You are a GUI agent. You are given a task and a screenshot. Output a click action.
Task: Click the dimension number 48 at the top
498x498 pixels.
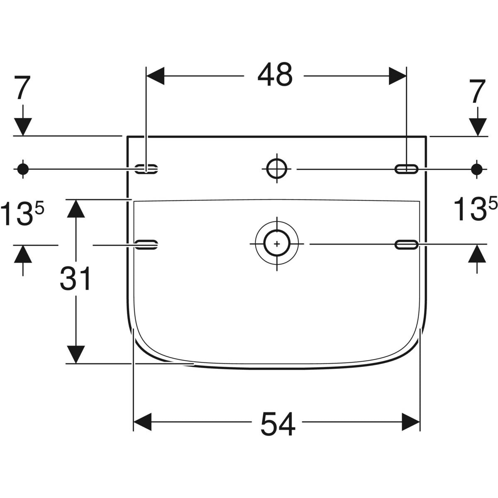tap(275, 76)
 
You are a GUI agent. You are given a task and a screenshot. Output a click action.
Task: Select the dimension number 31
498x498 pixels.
tap(75, 279)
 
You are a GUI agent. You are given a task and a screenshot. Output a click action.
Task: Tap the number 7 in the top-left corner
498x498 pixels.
tap(23, 89)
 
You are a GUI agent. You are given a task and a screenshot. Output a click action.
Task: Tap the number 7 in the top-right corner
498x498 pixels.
tap(478, 91)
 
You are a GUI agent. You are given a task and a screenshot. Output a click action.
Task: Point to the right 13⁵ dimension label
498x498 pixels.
tap(475, 209)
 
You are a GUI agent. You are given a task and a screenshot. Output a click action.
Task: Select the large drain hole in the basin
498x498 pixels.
tap(277, 244)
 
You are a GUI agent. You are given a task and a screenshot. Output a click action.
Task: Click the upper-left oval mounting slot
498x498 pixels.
tap(147, 168)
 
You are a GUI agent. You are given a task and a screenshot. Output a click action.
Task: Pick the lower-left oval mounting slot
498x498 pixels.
tap(147, 245)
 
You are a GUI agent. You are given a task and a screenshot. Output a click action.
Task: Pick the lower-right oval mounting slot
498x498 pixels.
tap(407, 245)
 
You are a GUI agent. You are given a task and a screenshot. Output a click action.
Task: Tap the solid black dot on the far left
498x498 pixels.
tap(23, 168)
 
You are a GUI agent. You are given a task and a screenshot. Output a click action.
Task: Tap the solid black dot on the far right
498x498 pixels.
tap(477, 168)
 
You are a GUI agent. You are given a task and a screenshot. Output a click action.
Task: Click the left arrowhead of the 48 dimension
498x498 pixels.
tap(156, 76)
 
